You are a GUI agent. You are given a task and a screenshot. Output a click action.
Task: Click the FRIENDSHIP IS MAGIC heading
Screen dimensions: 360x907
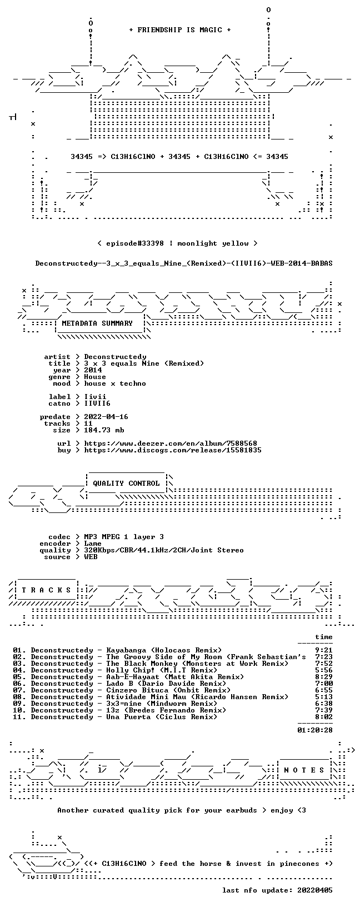[180, 30]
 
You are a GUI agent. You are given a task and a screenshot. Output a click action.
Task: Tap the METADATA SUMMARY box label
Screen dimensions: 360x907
[97, 323]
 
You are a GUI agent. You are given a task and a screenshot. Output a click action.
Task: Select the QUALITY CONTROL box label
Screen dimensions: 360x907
[126, 484]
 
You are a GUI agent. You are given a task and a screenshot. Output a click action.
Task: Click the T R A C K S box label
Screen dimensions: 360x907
[47, 590]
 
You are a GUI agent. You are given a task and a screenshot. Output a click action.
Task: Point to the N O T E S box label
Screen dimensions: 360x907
[304, 770]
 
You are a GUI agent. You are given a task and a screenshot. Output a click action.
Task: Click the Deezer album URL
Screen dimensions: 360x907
[171, 443]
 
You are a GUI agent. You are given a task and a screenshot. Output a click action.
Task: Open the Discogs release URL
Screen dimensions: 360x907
[173, 450]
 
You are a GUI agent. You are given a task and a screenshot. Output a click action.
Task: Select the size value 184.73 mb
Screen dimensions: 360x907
[104, 430]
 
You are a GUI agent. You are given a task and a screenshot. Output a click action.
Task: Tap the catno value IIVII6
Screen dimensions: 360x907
[97, 403]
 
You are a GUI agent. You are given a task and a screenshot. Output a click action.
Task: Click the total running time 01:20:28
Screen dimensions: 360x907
[314, 730]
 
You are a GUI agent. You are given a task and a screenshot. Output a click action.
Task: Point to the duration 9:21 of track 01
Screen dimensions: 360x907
[323, 650]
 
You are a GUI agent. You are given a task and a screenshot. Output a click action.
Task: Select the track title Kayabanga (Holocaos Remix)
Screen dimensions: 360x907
[164, 650]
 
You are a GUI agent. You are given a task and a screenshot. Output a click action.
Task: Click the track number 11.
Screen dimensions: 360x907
[18, 717]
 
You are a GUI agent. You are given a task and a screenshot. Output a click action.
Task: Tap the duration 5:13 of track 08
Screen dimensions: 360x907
[323, 697]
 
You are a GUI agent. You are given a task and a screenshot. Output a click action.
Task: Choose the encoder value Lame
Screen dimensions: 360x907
[93, 544]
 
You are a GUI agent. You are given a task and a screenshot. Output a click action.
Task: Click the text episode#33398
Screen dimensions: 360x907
[135, 243]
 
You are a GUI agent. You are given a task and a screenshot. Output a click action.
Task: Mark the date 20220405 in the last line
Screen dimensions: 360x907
[314, 890]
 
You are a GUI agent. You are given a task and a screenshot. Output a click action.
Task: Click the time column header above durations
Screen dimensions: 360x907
[323, 637]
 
